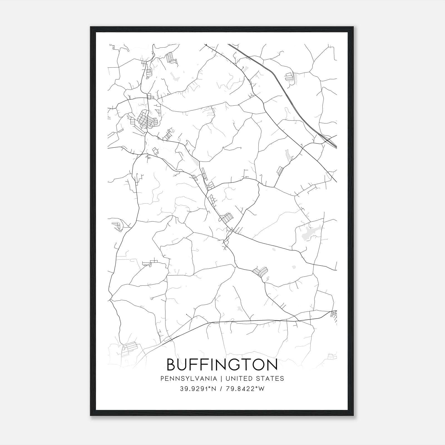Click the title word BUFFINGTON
coord(222,365)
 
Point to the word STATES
coord(270,379)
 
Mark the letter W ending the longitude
coord(261,389)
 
